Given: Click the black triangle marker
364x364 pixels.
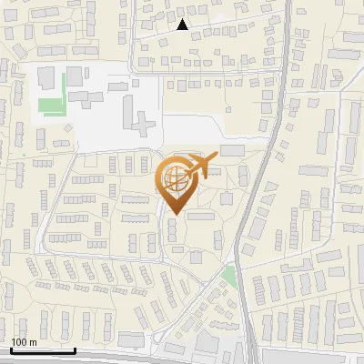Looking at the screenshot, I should pyautogui.click(x=182, y=25).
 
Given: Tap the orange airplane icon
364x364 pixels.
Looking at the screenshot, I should pyautogui.click(x=200, y=167).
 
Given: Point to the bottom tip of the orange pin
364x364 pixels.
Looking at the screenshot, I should pyautogui.click(x=173, y=215).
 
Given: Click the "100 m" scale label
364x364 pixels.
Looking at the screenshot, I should pyautogui.click(x=24, y=342).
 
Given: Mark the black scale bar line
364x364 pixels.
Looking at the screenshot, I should pyautogui.click(x=42, y=350).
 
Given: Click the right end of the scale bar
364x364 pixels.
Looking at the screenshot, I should pyautogui.click(x=75, y=350).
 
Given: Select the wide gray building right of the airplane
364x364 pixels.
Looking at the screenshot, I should pyautogui.click(x=232, y=150).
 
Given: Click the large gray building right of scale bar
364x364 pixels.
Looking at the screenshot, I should pyautogui.click(x=131, y=339).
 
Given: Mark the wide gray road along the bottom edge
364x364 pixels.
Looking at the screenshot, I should pyautogui.click(x=182, y=359).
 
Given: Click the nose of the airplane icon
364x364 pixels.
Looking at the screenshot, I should pyautogui.click(x=217, y=156).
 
